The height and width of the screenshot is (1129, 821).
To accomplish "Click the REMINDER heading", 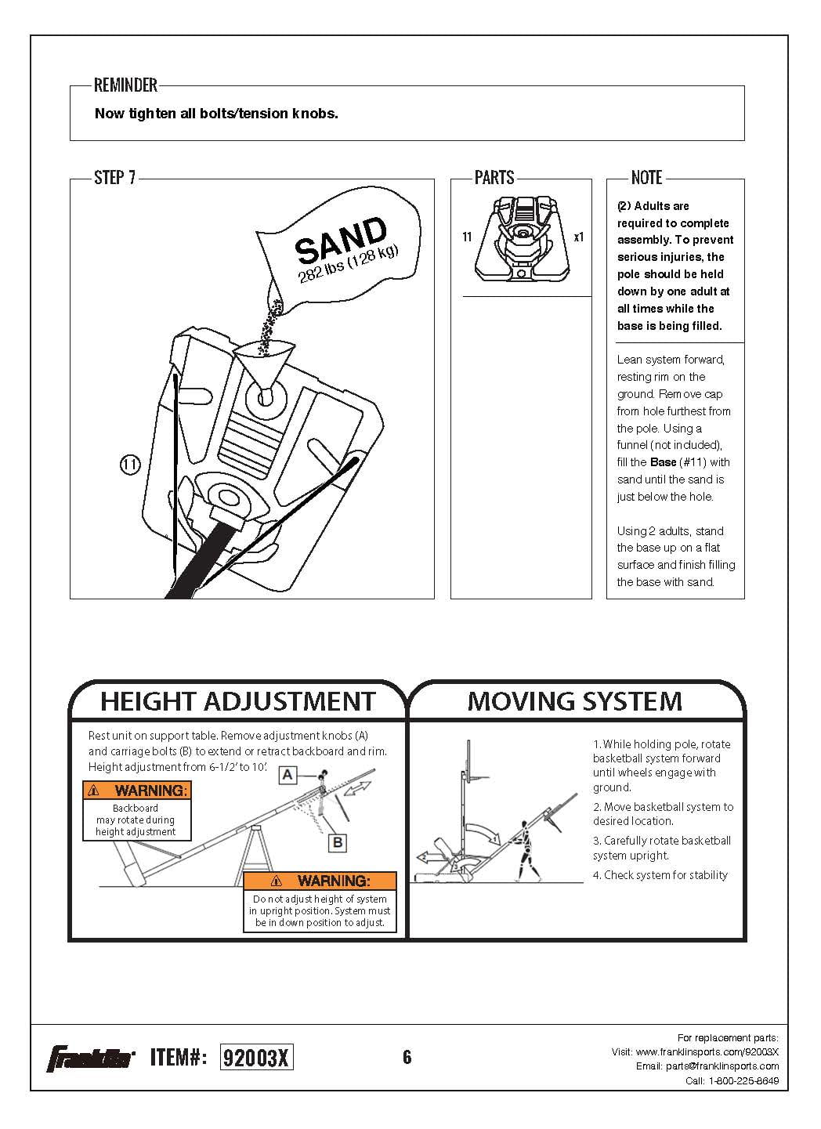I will pyautogui.click(x=125, y=85).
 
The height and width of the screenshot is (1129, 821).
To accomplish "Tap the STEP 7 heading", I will pyautogui.click(x=114, y=178).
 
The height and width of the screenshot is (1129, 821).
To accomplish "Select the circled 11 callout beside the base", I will pyautogui.click(x=130, y=465).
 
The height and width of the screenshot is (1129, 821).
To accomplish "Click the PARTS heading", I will pyautogui.click(x=494, y=178).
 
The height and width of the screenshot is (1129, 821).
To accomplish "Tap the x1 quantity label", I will pyautogui.click(x=578, y=237).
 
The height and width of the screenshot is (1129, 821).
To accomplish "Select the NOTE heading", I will pyautogui.click(x=646, y=178).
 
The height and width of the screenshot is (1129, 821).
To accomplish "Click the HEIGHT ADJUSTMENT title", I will pyautogui.click(x=238, y=700).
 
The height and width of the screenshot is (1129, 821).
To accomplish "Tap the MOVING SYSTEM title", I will pyautogui.click(x=575, y=700).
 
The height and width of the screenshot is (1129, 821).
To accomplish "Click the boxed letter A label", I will pyautogui.click(x=288, y=775).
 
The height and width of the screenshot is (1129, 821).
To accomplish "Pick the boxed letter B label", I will pyautogui.click(x=338, y=843).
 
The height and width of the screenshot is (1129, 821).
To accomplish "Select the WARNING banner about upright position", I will pyautogui.click(x=320, y=881).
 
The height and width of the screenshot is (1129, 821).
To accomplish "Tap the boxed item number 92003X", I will pyautogui.click(x=257, y=1058).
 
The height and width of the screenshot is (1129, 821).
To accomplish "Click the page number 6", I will pyautogui.click(x=407, y=1058).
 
